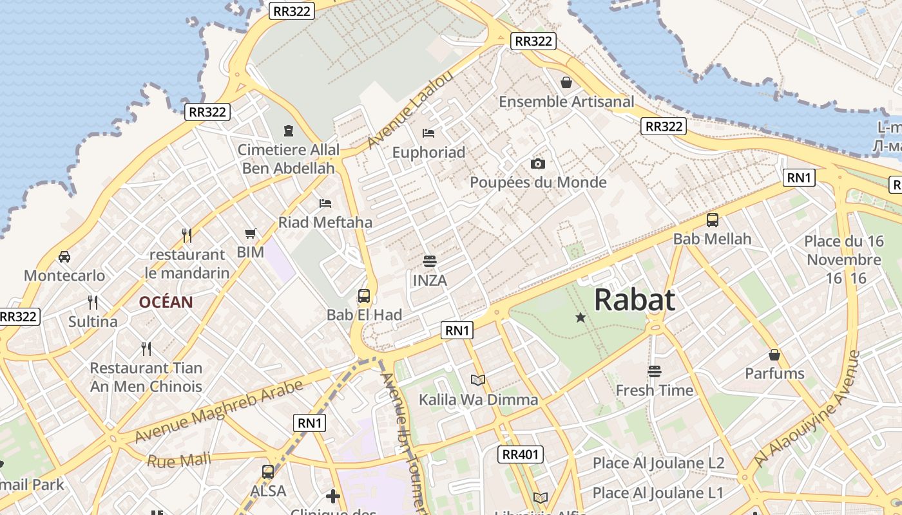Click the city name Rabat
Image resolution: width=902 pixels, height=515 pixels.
click(635, 300)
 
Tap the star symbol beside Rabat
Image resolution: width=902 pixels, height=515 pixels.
click(581, 317)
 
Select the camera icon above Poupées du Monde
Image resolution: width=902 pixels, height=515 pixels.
click(538, 164)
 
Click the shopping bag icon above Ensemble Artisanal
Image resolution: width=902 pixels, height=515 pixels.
click(566, 82)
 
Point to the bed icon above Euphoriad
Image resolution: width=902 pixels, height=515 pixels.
click(428, 133)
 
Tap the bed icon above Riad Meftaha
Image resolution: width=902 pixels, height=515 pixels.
click(325, 203)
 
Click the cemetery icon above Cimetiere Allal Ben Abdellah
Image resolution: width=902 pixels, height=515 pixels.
click(289, 131)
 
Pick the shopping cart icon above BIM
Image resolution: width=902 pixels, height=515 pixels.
click(251, 233)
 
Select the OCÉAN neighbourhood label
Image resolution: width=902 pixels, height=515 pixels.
click(166, 302)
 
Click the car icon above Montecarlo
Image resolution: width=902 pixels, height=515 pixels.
click(64, 256)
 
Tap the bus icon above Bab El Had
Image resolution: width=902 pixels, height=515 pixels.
click(364, 296)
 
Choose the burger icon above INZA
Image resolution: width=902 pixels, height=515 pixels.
click(430, 261)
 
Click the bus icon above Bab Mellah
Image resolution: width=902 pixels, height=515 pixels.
click(713, 220)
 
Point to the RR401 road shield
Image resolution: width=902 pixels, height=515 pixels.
click(521, 454)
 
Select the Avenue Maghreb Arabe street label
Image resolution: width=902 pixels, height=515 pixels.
click(219, 413)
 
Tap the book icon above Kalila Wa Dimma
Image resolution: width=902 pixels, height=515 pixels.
click(478, 380)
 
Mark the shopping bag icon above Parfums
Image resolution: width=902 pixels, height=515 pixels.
click(774, 355)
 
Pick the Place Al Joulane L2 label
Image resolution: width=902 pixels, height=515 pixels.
click(658, 463)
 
